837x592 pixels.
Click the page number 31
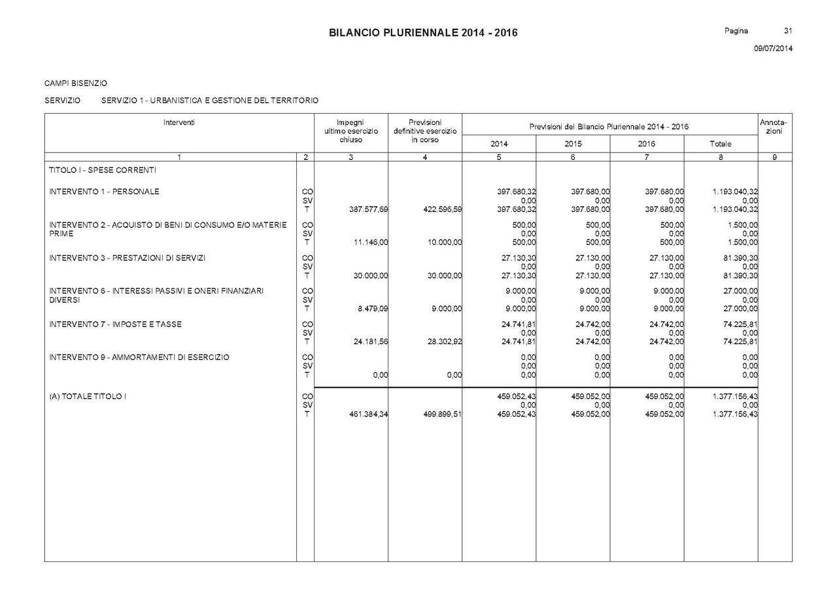(788, 31)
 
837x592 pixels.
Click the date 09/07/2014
(773, 48)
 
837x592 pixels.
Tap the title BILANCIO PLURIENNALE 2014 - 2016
(423, 33)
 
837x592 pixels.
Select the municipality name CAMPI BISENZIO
(76, 84)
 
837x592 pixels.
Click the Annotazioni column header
(774, 127)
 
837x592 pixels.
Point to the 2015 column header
(573, 144)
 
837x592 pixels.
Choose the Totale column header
(721, 144)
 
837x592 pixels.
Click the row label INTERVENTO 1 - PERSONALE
(104, 192)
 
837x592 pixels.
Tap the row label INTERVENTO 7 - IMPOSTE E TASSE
(115, 324)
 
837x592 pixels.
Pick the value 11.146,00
(371, 242)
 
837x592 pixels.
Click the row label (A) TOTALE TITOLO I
(87, 396)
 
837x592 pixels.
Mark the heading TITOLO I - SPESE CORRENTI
(103, 170)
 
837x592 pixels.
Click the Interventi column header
(179, 122)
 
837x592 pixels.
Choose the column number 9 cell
(775, 157)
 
